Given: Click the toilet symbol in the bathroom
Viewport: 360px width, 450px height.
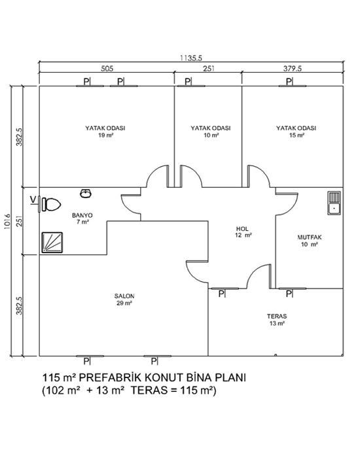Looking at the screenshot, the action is (52, 205).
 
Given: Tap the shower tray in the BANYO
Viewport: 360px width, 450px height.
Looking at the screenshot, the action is (52, 243).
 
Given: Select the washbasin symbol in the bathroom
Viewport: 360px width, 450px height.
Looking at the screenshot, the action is (86, 194).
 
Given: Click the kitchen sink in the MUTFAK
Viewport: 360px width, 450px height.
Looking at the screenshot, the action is (334, 203).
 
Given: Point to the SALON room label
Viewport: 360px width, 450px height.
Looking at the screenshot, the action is (124, 296).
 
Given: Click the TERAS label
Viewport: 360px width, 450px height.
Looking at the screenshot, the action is (277, 317).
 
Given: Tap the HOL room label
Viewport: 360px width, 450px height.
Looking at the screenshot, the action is (242, 229).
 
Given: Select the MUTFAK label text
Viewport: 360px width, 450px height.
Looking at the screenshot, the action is (310, 237).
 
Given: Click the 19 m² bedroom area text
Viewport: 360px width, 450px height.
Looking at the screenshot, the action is (105, 135).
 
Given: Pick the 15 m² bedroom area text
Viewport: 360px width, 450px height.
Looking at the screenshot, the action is (297, 135).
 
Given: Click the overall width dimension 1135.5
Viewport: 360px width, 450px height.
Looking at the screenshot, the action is (191, 58).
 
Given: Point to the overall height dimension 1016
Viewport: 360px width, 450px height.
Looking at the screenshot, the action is (7, 221).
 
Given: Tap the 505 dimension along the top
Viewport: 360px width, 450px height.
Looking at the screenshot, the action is (107, 69).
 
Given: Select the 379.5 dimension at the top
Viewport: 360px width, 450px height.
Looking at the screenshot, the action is (293, 69).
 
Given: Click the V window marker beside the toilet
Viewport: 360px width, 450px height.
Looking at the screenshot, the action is (34, 199).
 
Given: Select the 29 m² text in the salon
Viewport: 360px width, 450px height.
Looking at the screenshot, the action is (124, 303).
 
